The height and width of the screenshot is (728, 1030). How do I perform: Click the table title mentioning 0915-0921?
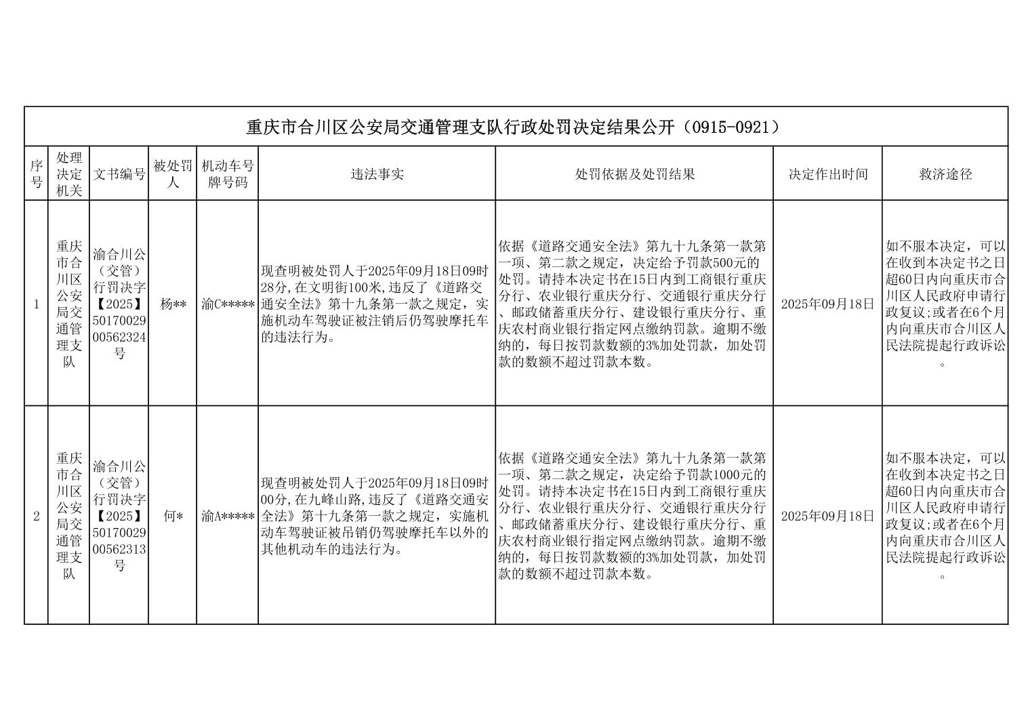click(515, 127)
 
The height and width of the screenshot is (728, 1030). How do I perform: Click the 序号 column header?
click(36, 174)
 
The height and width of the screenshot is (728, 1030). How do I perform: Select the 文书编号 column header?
click(119, 174)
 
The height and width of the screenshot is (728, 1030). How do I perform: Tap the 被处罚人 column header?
click(173, 174)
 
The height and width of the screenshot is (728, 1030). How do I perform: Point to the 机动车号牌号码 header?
click(228, 174)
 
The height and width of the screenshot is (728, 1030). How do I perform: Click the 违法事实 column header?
click(377, 174)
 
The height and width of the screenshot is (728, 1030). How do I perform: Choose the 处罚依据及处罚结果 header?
click(634, 174)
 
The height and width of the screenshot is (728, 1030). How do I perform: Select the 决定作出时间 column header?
click(827, 174)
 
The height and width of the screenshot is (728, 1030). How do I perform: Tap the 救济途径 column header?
click(945, 174)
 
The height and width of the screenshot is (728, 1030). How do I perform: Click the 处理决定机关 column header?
click(68, 174)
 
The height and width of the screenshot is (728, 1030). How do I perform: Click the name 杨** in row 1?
click(173, 304)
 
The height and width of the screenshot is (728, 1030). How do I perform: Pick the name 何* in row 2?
click(173, 516)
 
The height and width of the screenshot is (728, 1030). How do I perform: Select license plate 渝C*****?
click(228, 304)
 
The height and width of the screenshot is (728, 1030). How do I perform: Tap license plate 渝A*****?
click(228, 516)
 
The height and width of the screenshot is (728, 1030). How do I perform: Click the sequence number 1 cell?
click(36, 304)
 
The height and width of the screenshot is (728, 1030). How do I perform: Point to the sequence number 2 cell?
click(36, 516)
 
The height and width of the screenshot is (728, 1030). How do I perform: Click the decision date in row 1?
click(827, 304)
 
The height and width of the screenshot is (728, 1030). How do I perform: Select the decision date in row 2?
click(827, 516)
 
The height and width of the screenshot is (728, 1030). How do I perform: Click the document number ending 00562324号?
click(119, 304)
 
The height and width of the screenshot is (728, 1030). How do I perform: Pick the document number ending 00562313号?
click(119, 516)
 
